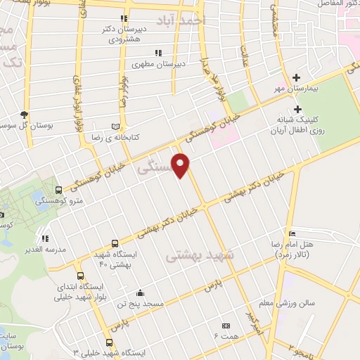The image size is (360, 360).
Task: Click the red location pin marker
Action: pos(182,165)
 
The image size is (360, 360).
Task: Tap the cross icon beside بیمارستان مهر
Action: pos(296,77)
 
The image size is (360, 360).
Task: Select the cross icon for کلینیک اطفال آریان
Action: pos(299,108)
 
